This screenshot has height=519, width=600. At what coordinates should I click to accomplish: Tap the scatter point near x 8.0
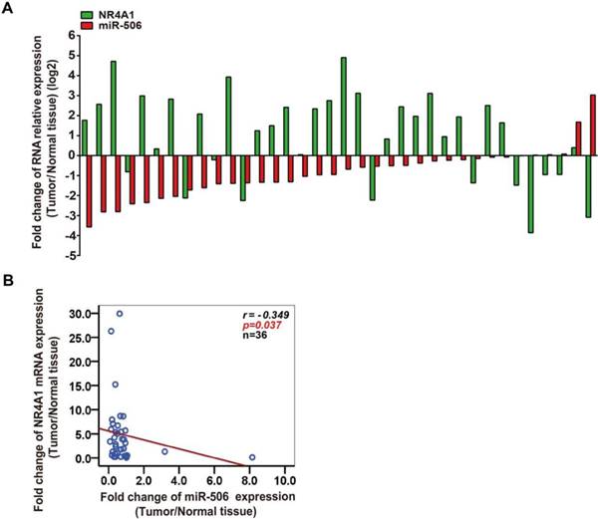point(252,457)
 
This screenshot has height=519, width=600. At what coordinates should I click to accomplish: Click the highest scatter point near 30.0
point(120,313)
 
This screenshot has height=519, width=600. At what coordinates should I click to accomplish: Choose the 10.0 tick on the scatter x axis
point(285,475)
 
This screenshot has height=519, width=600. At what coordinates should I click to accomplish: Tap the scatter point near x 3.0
point(165,451)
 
